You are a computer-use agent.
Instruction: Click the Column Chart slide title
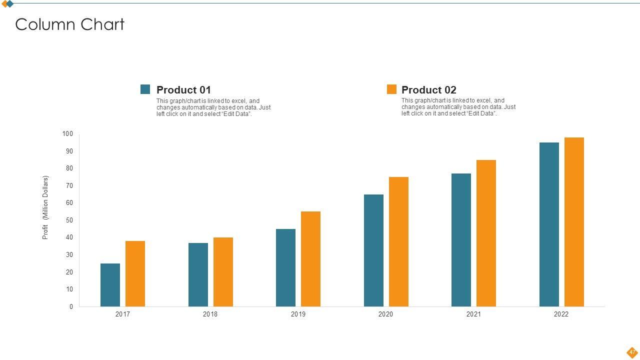point(69,24)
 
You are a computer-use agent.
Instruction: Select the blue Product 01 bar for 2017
point(110,285)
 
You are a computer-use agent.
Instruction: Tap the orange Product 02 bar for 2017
point(135,274)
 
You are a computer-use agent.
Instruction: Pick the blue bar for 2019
point(285,268)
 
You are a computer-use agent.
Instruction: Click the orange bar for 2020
point(398,242)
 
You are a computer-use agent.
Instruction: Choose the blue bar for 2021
point(461,240)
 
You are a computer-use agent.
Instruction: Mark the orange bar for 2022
point(574,222)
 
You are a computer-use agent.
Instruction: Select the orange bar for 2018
point(223,272)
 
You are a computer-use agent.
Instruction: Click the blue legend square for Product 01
point(145,89)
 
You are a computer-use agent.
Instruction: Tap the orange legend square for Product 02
point(391,89)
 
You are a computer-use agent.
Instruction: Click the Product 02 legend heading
point(429,90)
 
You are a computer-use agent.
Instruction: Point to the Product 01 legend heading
point(183,90)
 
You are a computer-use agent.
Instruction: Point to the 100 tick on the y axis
point(67,134)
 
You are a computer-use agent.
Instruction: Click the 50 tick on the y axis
point(69,220)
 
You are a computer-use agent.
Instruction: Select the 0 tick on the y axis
point(71,307)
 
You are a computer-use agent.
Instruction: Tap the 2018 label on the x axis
point(210,314)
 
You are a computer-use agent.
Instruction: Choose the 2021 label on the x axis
point(473,314)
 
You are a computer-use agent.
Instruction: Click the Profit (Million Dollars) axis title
point(45,207)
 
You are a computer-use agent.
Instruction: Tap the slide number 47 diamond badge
point(632,352)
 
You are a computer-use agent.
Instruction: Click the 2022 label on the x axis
point(561,314)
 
